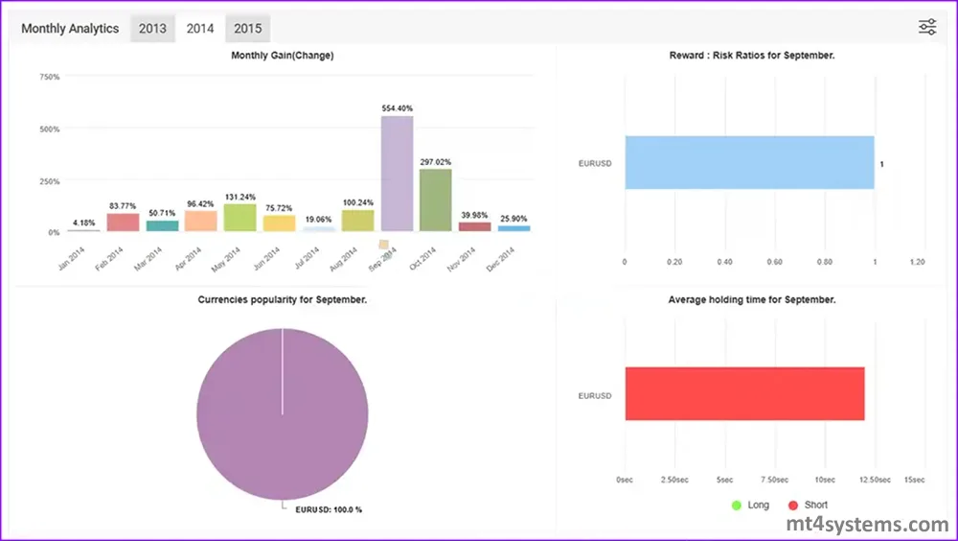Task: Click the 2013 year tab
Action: click(x=152, y=29)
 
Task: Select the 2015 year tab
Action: click(x=248, y=29)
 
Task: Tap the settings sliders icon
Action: click(x=926, y=27)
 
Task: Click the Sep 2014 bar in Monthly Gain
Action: click(x=397, y=174)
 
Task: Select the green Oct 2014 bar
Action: click(x=435, y=200)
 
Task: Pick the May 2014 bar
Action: click(x=239, y=218)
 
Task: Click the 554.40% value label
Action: click(x=397, y=108)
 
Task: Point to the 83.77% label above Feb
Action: click(x=122, y=205)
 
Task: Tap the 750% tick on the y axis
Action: click(x=48, y=77)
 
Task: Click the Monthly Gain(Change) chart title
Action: click(x=282, y=56)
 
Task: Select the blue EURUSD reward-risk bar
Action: click(x=749, y=162)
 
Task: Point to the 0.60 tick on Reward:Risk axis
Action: click(x=774, y=261)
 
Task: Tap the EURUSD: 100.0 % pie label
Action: click(x=328, y=509)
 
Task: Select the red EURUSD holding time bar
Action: click(x=744, y=393)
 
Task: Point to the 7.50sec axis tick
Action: click(x=773, y=480)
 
